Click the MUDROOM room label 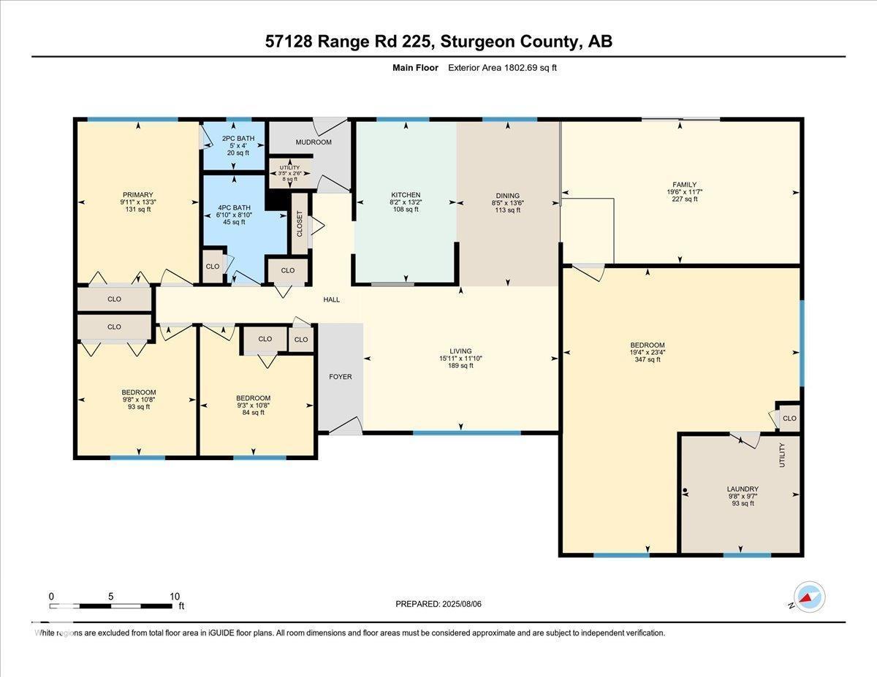pyautogui.click(x=314, y=142)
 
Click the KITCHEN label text pyautogui.click(x=405, y=195)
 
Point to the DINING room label pyautogui.click(x=507, y=196)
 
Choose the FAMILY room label pyautogui.click(x=685, y=185)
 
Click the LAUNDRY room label pyautogui.click(x=743, y=489)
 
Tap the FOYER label pyautogui.click(x=340, y=377)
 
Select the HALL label pyautogui.click(x=332, y=299)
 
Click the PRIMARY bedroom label pyautogui.click(x=137, y=194)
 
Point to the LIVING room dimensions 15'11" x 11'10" pyautogui.click(x=460, y=359)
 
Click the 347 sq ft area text pyautogui.click(x=648, y=359)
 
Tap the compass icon pyautogui.click(x=810, y=597)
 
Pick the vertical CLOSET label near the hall pyautogui.click(x=300, y=223)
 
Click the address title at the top pyautogui.click(x=438, y=42)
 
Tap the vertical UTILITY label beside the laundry pyautogui.click(x=782, y=455)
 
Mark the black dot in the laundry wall pyautogui.click(x=685, y=491)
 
